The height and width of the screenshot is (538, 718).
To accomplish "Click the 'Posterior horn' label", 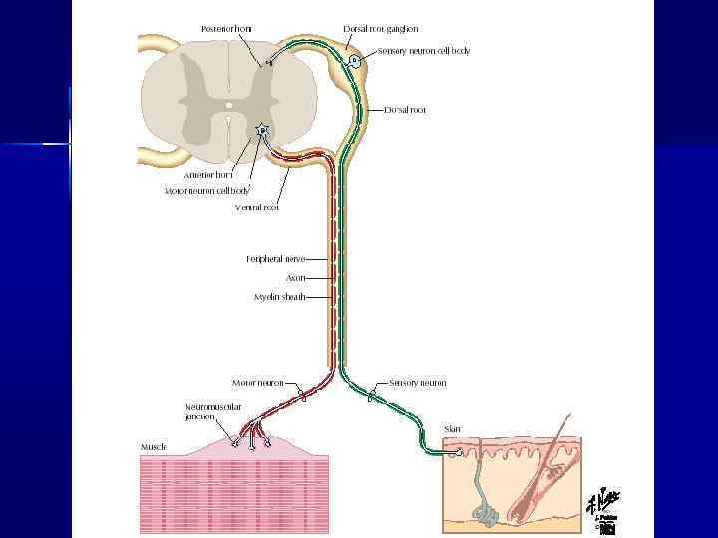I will pos(225,29).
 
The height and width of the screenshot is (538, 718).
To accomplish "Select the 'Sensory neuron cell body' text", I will pos(424,50).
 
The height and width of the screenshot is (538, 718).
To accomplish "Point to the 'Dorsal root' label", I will pos(405,110).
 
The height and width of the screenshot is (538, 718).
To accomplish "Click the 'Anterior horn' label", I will pos(207,175).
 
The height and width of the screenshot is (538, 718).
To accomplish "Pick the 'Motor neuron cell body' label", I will pos(207,189).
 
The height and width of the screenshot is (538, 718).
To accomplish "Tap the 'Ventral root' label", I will pos(257,208).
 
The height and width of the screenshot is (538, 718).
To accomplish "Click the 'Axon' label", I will pos(295,278).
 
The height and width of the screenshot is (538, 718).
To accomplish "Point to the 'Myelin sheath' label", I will pos(279,297).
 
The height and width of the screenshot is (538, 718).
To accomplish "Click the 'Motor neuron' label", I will pos(258,383).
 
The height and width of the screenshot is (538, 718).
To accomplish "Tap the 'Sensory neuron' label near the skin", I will pos(418,383).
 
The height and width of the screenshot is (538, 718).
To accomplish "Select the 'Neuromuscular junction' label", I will pos(213,412).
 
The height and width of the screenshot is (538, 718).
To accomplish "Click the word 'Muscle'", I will pos(153,447).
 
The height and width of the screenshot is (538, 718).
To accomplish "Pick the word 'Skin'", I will pos(453,429).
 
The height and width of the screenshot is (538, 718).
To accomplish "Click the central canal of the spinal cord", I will pos(228,104).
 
